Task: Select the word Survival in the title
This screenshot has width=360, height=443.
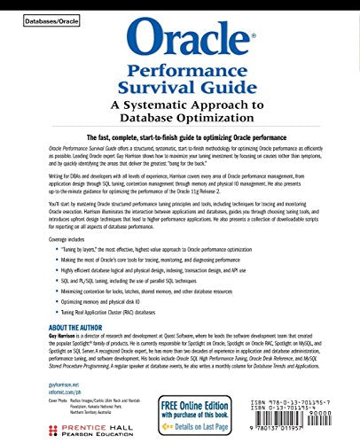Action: tap(179, 89)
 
